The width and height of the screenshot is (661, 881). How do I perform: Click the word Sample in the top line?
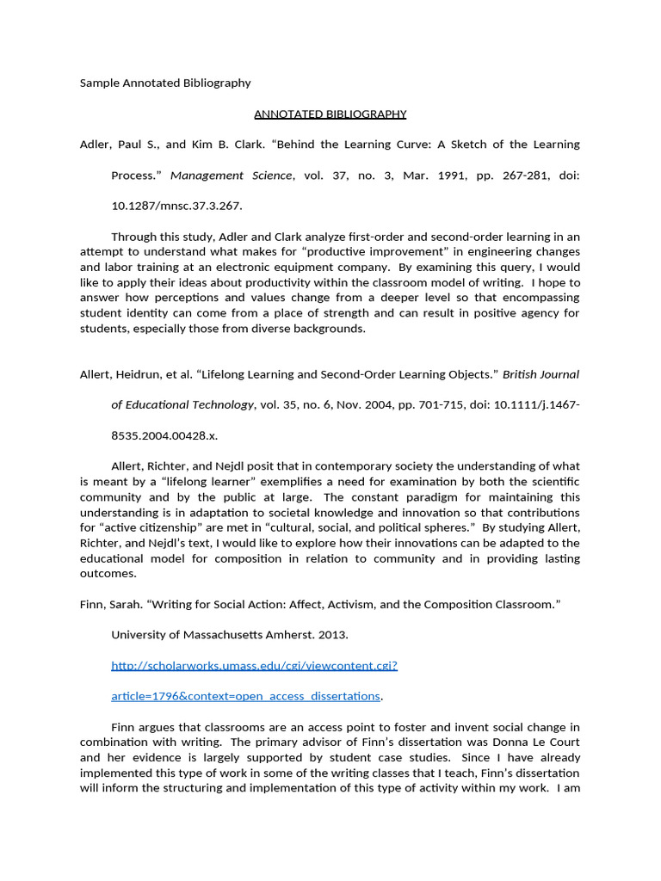(98, 83)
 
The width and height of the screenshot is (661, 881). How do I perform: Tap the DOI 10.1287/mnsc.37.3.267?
(177, 206)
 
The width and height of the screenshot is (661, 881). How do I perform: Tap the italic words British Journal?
(541, 374)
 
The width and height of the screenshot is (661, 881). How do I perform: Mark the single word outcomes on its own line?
(108, 573)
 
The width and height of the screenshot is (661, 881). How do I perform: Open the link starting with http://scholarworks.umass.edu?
(255, 665)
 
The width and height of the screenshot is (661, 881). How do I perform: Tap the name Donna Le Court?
(532, 742)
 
